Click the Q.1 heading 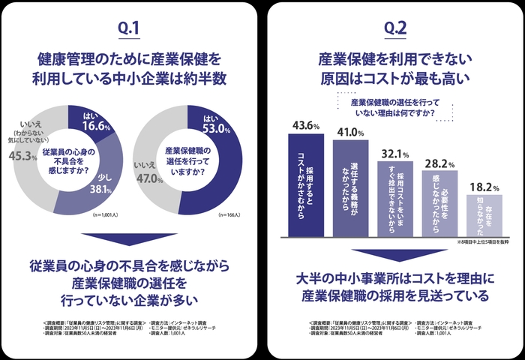[x=129, y=28]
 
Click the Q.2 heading [x=394, y=28]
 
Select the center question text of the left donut [x=68, y=158]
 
